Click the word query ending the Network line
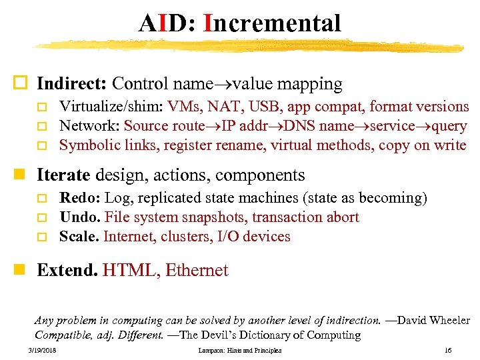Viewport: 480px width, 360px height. (x=449, y=126)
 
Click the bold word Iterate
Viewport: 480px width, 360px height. (x=63, y=175)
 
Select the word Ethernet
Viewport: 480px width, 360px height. (x=197, y=270)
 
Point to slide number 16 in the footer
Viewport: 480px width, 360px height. (x=447, y=350)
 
